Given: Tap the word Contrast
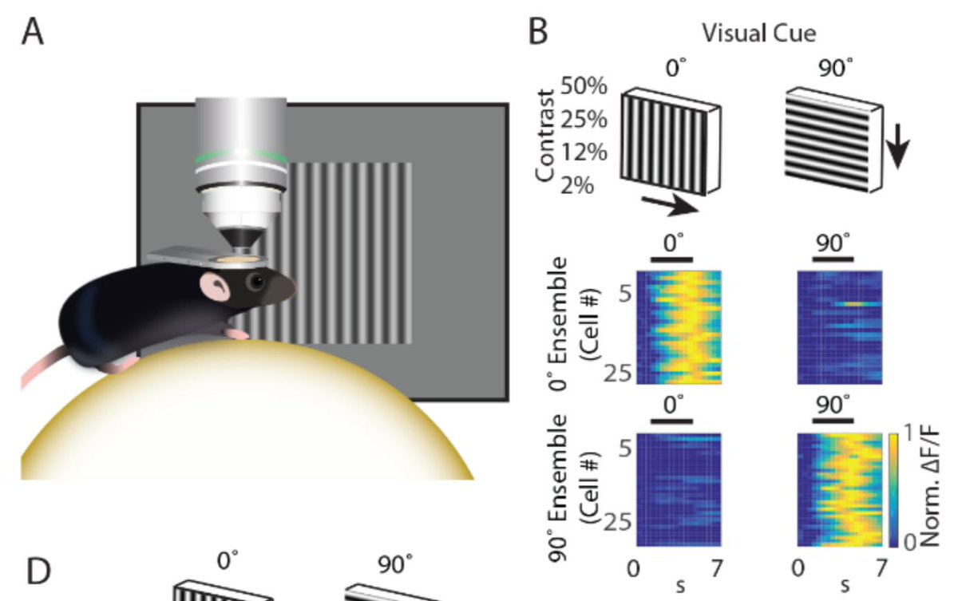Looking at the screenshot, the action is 548,136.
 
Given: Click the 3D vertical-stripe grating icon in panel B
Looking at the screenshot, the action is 671,144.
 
